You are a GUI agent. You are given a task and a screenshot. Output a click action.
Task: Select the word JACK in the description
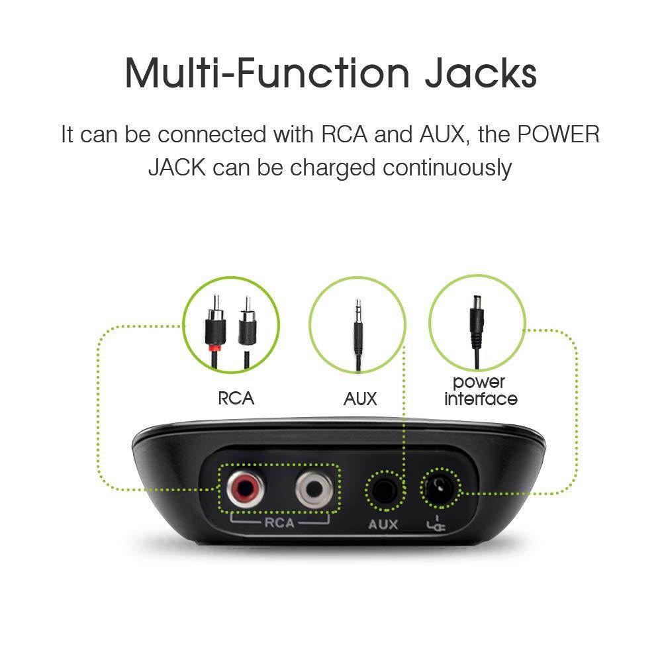(177, 167)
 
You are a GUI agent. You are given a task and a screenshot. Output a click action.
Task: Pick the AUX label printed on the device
(382, 524)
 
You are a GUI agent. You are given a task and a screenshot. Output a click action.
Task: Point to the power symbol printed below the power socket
(438, 525)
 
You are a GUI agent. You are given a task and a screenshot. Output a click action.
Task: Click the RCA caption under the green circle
(236, 399)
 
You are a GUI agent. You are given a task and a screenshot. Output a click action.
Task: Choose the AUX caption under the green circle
(360, 399)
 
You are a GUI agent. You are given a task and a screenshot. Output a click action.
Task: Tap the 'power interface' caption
(481, 391)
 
